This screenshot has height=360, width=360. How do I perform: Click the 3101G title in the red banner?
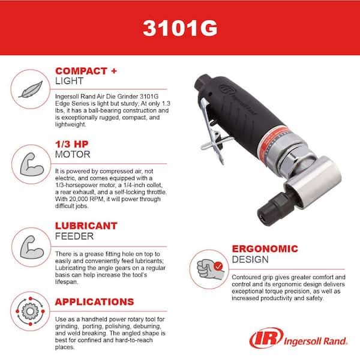coord(180,28)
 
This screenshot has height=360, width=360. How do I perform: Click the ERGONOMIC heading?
coord(264,249)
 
